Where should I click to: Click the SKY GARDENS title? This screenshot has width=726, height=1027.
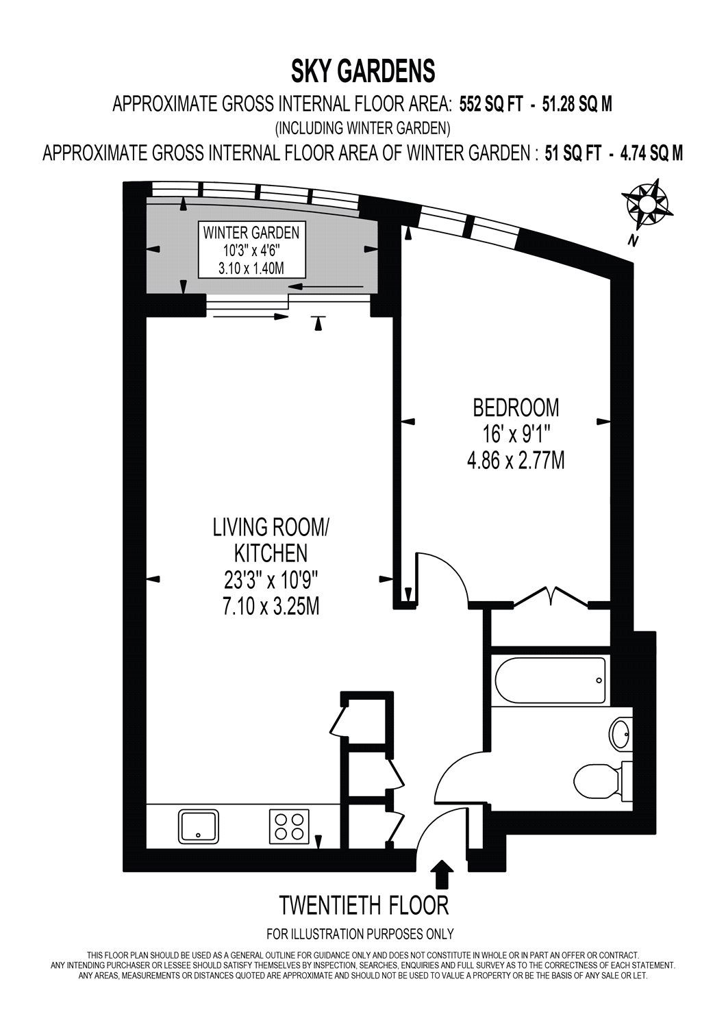(363, 71)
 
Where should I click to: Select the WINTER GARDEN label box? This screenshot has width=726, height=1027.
(252, 250)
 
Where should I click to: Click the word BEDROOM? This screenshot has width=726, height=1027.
(516, 407)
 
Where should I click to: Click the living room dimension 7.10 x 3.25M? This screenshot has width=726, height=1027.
(271, 607)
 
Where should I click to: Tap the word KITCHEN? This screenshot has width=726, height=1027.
(271, 553)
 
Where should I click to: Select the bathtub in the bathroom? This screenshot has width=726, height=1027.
(551, 681)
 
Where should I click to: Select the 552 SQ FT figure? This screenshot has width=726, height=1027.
(491, 105)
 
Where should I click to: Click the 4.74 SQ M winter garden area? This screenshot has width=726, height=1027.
(651, 153)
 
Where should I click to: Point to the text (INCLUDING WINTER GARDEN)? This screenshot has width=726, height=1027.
(362, 129)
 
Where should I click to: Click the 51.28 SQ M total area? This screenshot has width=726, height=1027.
(577, 105)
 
